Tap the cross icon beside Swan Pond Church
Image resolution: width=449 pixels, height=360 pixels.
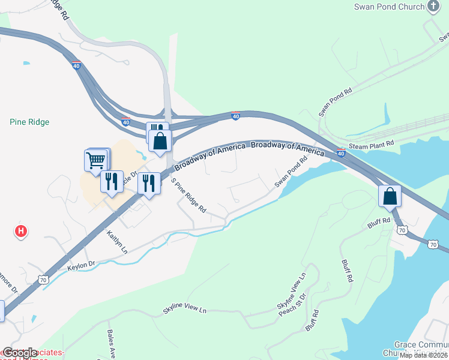tap(433, 7)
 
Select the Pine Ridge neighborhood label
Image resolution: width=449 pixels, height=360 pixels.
tap(29, 122)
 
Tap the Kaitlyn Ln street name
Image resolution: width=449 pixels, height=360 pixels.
tap(117, 241)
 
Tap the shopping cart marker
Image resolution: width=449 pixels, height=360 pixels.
tap(97, 161)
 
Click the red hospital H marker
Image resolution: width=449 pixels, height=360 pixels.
tap(21, 230)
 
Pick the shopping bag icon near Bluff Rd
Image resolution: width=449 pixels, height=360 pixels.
tap(390, 196)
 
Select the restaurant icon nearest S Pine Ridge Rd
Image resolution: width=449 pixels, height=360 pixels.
tap(149, 182)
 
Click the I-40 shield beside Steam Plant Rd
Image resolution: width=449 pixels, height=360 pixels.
tap(341, 153)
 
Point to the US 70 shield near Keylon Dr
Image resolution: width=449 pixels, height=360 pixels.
tap(42, 280)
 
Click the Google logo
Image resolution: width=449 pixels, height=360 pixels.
tap(19, 353)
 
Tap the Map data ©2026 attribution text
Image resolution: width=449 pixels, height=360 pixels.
tap(423, 355)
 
